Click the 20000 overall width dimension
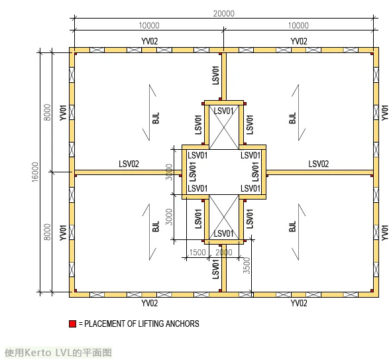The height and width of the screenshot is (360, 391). click(x=224, y=13)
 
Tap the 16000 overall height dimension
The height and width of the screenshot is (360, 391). click(x=35, y=172)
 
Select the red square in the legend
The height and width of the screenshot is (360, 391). click(x=72, y=324)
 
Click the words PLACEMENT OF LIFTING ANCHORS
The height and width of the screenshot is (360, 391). click(x=142, y=324)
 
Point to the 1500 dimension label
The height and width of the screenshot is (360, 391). click(x=197, y=253)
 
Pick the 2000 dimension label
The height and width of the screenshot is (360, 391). click(x=224, y=253)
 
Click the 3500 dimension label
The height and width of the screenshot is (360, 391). click(x=247, y=265)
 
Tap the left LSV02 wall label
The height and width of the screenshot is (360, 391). click(x=129, y=164)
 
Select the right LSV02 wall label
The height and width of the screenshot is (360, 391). click(x=319, y=164)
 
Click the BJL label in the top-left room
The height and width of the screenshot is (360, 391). click(x=156, y=118)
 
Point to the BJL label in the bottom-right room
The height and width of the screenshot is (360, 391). click(x=292, y=226)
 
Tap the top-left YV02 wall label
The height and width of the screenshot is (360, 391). click(x=150, y=41)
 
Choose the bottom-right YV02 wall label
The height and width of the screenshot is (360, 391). click(x=299, y=303)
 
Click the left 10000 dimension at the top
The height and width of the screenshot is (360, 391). click(x=149, y=25)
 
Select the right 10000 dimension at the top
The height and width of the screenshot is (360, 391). click(x=298, y=25)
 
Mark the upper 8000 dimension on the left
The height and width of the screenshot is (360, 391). click(x=47, y=112)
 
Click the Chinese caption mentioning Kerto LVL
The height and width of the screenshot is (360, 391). click(x=58, y=353)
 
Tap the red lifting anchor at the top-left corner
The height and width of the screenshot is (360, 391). click(x=76, y=54)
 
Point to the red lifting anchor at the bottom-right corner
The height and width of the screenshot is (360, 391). click(x=372, y=290)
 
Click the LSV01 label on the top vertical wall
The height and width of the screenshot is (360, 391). click(x=215, y=75)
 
